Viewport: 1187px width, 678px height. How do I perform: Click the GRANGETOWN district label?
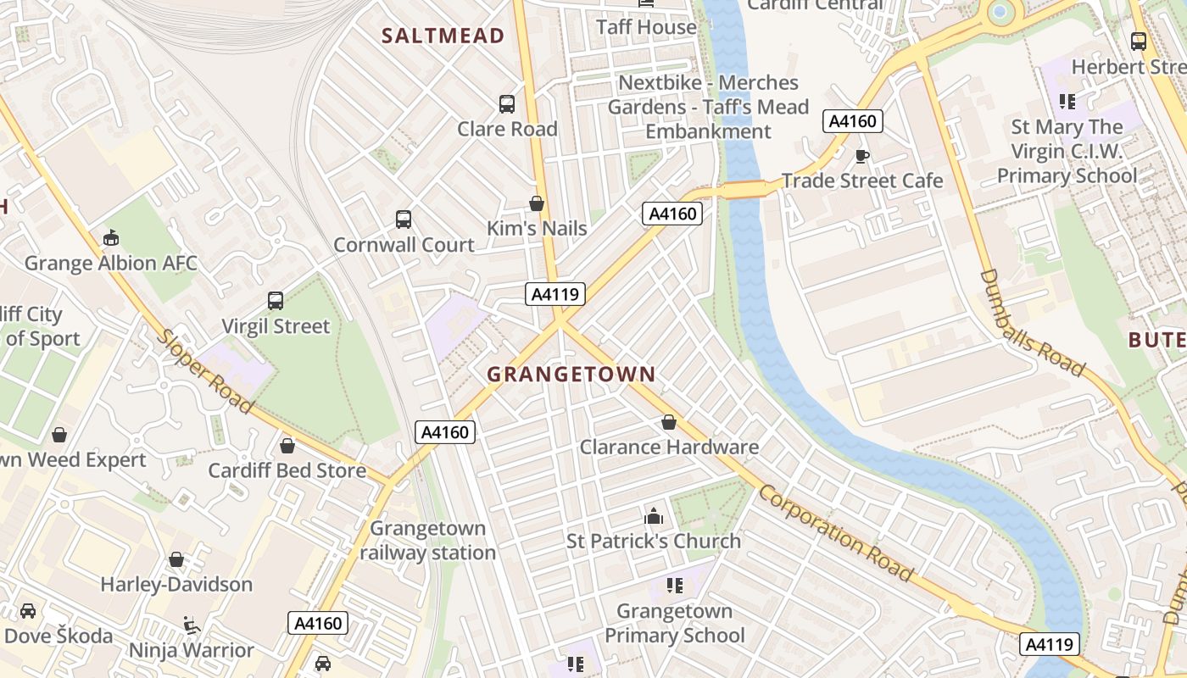pyautogui.click(x=571, y=374)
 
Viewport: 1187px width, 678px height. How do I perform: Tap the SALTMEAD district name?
pyautogui.click(x=443, y=36)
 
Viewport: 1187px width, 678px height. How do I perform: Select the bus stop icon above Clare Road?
pyautogui.click(x=506, y=104)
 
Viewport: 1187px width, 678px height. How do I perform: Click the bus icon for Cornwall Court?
pyautogui.click(x=404, y=220)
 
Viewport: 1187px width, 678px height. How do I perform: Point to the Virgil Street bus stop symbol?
pyautogui.click(x=276, y=301)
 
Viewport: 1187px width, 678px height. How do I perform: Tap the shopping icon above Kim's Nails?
pyautogui.click(x=536, y=203)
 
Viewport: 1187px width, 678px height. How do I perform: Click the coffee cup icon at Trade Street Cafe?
pyautogui.click(x=861, y=156)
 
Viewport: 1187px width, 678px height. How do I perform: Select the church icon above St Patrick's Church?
pyautogui.click(x=654, y=515)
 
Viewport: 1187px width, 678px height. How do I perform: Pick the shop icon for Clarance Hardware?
pyautogui.click(x=669, y=422)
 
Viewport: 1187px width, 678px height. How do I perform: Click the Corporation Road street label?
pyautogui.click(x=836, y=533)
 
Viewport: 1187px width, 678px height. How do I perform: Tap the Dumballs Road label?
pyautogui.click(x=1032, y=322)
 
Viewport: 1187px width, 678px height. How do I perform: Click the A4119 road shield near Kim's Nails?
pyautogui.click(x=555, y=294)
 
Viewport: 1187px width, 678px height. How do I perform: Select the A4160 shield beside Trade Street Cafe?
pyautogui.click(x=853, y=121)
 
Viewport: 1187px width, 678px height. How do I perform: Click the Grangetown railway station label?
pyautogui.click(x=428, y=541)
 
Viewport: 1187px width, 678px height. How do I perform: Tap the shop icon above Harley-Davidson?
pyautogui.click(x=176, y=560)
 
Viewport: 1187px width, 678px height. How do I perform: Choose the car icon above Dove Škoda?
pyautogui.click(x=28, y=611)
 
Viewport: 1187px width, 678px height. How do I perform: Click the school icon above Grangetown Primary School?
pyautogui.click(x=675, y=586)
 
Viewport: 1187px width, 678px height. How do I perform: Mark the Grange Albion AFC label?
pyautogui.click(x=110, y=263)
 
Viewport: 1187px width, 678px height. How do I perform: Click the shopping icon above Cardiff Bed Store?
pyautogui.click(x=287, y=446)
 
